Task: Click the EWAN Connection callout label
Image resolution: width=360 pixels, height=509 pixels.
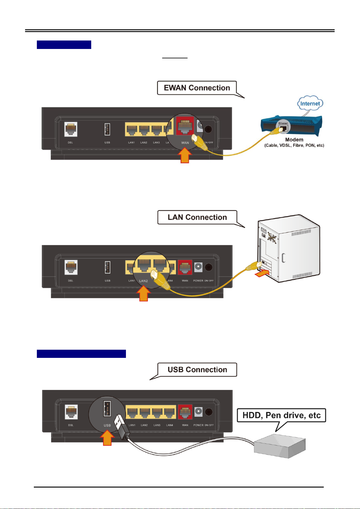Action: [197, 88]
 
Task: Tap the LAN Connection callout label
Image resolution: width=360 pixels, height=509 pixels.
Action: [197, 217]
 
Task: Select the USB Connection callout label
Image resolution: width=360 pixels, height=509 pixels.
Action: [197, 370]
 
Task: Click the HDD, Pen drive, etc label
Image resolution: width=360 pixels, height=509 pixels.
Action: [281, 415]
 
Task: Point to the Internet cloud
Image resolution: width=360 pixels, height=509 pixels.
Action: [310, 104]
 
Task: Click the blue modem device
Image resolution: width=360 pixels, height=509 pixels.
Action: [291, 127]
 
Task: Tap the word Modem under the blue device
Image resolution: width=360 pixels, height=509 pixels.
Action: [294, 140]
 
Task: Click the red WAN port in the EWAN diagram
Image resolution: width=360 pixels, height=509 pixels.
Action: [185, 127]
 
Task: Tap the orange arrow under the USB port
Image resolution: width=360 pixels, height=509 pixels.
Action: [107, 438]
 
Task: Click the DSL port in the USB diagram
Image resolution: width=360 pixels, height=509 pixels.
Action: [71, 412]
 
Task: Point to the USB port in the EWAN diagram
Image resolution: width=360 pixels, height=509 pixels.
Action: [107, 129]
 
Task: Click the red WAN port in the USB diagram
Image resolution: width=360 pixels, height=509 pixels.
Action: [185, 412]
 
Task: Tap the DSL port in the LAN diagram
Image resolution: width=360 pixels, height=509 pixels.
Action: [71, 267]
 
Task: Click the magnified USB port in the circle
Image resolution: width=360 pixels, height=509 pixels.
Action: [107, 409]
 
